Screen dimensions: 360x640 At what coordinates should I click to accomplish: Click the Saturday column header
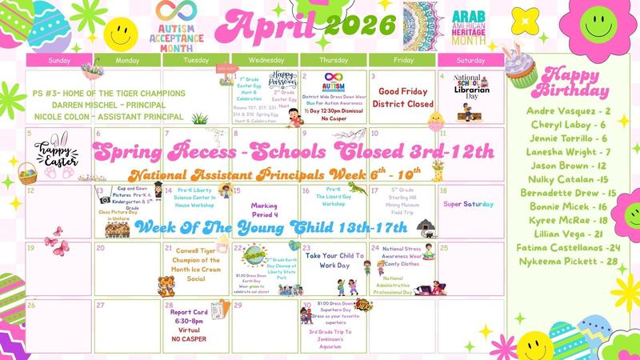tap(470, 60)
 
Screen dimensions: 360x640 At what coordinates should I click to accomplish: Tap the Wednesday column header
tap(265, 60)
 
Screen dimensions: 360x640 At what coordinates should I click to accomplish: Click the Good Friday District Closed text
tap(406, 98)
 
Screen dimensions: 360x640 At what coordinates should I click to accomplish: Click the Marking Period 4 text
tap(265, 209)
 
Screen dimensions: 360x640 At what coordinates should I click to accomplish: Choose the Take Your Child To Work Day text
tap(334, 261)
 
